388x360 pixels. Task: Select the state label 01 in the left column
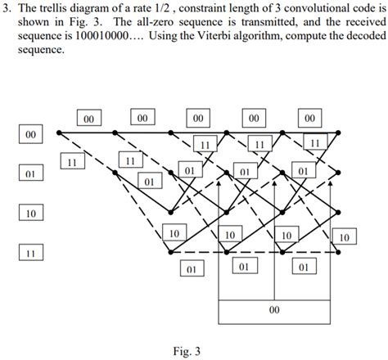click(29, 173)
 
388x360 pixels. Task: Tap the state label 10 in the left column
click(29, 214)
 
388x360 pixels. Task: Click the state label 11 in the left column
click(29, 254)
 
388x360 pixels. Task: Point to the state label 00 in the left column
click(29, 133)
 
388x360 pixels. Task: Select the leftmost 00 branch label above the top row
click(89, 118)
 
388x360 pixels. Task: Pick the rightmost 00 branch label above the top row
click(309, 118)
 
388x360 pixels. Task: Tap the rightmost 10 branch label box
click(345, 237)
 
